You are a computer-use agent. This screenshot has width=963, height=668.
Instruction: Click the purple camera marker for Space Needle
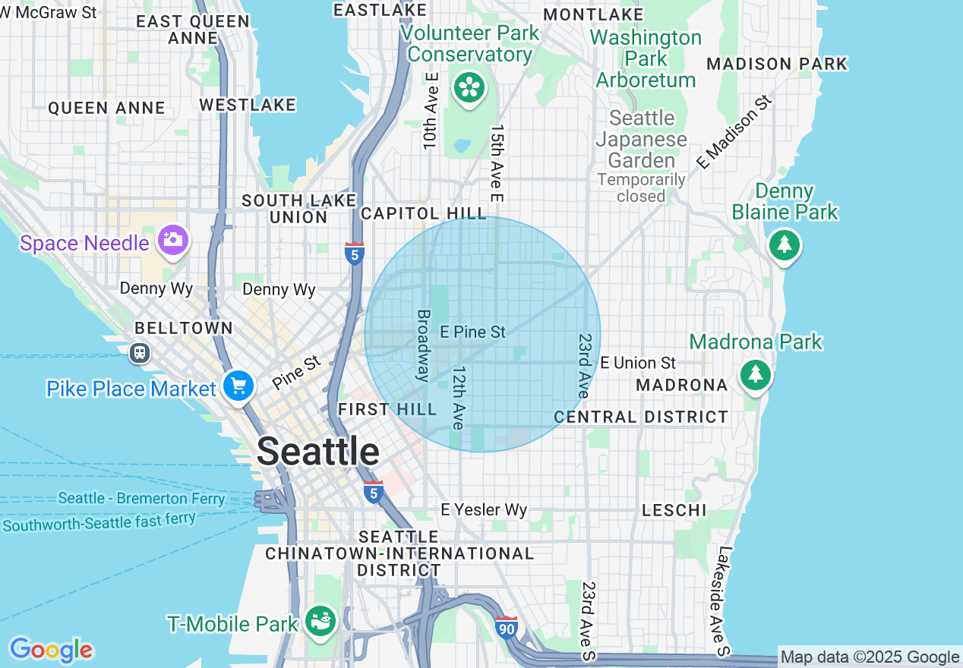click(x=172, y=241)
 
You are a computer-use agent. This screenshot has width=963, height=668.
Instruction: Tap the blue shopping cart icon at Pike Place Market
click(x=238, y=386)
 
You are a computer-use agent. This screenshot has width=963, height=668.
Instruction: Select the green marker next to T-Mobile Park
click(x=320, y=621)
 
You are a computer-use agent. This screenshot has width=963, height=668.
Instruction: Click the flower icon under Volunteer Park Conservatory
click(x=469, y=88)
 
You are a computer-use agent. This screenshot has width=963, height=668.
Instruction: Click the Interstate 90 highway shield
click(x=507, y=627)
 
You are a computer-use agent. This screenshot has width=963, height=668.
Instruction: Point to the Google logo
click(x=51, y=650)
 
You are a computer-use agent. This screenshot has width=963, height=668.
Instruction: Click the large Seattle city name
click(x=318, y=452)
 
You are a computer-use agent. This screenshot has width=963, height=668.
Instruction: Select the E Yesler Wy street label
click(x=485, y=509)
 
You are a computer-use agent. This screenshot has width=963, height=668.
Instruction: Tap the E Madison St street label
click(x=734, y=131)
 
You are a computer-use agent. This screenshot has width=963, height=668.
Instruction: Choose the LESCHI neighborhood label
click(x=674, y=510)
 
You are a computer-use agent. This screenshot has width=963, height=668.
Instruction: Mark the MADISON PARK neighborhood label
click(x=776, y=64)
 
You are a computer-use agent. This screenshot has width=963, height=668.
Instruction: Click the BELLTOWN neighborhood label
click(x=183, y=328)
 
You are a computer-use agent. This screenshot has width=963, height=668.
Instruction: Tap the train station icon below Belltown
click(x=139, y=352)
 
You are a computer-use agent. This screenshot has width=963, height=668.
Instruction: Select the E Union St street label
click(x=638, y=363)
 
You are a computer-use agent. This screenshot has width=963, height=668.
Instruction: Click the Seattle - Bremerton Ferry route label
click(x=141, y=499)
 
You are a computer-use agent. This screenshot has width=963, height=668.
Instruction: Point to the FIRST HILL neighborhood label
click(x=387, y=410)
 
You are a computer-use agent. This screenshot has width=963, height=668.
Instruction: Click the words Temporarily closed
click(x=641, y=187)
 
